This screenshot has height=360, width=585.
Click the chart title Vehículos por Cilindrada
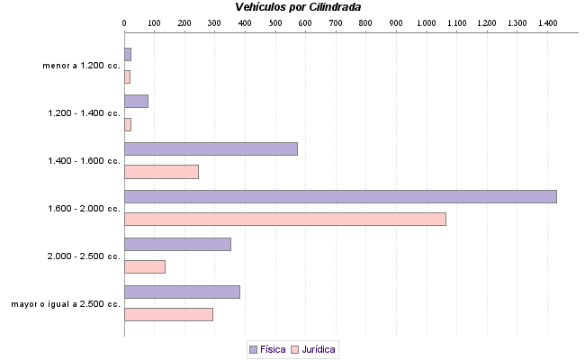click(x=298, y=7)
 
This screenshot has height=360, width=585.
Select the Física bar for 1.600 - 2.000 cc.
click(x=340, y=196)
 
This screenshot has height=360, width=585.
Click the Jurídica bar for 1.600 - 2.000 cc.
click(x=284, y=219)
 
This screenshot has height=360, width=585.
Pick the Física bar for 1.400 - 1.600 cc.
click(x=211, y=148)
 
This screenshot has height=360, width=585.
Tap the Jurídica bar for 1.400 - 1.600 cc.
click(x=161, y=171)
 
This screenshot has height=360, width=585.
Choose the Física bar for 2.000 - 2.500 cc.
click(x=177, y=244)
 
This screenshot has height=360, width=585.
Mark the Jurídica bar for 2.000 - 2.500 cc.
click(x=145, y=266)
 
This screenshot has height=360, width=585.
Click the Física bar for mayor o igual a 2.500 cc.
click(x=182, y=292)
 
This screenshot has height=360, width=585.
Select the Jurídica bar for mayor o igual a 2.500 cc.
click(x=168, y=314)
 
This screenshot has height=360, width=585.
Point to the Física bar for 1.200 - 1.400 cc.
click(x=136, y=101)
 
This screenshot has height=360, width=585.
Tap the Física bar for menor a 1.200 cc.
click(x=128, y=54)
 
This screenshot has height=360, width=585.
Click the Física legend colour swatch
click(x=253, y=349)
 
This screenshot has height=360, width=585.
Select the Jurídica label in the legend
click(x=319, y=349)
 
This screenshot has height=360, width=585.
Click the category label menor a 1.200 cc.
click(x=81, y=66)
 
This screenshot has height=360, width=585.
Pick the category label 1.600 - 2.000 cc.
click(x=85, y=209)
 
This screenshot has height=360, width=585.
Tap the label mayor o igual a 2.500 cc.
click(x=66, y=304)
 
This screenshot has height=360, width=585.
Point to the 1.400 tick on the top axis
click(x=547, y=22)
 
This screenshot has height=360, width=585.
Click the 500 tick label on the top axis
click(x=275, y=22)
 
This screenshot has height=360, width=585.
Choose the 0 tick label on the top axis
click(x=124, y=22)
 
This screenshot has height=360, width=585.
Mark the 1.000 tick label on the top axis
click(x=426, y=22)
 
